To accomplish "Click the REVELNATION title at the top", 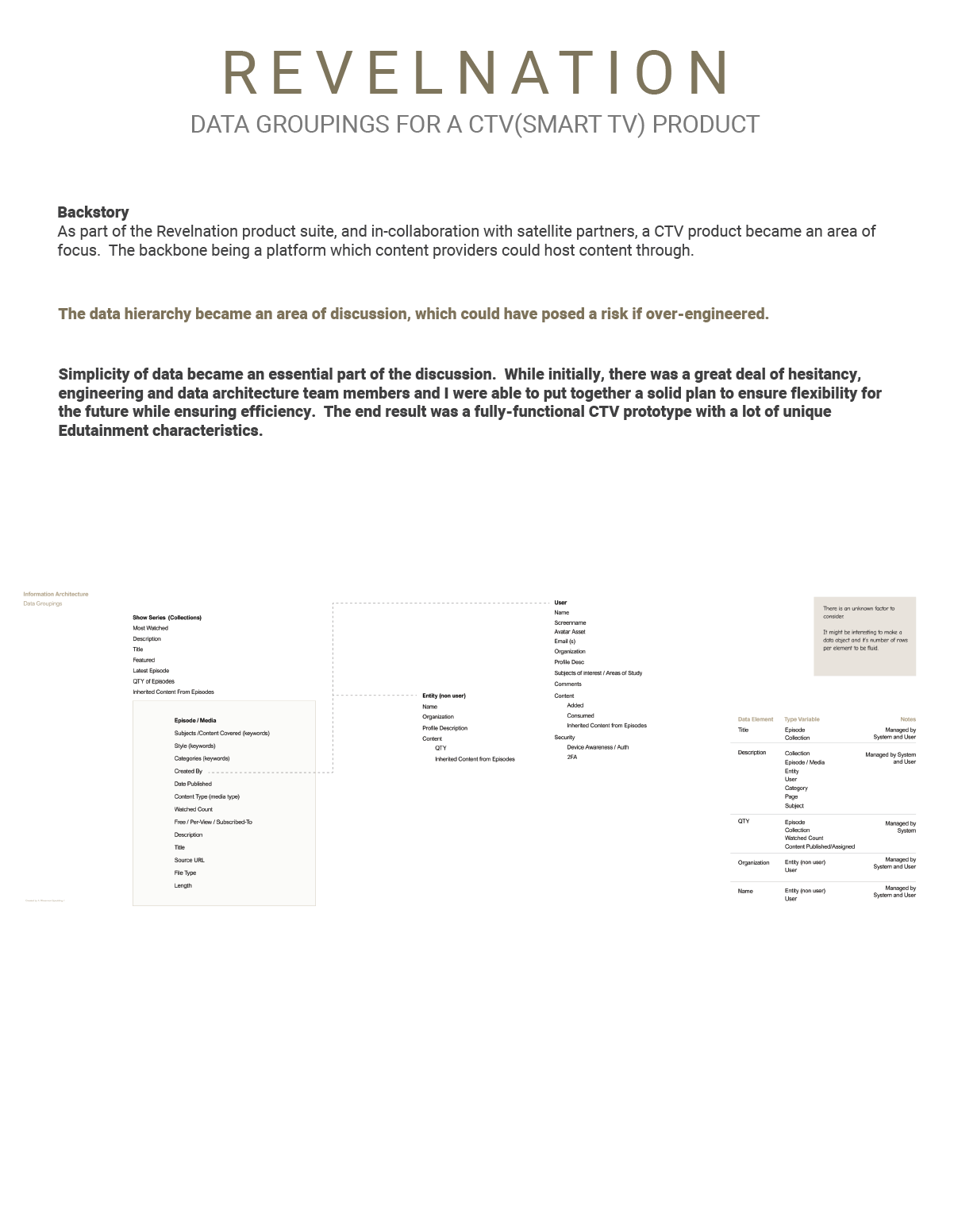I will (476, 73).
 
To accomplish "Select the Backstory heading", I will (93, 212).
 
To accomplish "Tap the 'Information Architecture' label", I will (56, 594).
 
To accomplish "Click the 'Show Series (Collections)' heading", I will (167, 618).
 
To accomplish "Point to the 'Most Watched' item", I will (150, 628).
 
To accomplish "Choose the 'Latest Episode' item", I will (151, 671).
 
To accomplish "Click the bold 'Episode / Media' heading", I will (195, 721).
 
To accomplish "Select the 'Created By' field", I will (188, 772).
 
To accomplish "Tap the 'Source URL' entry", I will (189, 861).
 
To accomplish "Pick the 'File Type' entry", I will (185, 873).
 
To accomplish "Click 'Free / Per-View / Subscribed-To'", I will (213, 823).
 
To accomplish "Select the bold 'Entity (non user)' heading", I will (444, 696).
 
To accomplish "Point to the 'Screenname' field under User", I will (570, 622).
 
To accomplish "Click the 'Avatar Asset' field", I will (570, 632).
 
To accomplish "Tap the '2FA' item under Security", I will (571, 757).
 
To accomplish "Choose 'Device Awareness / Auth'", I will (598, 747).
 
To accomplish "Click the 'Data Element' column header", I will (755, 719).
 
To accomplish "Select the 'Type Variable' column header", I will (802, 719).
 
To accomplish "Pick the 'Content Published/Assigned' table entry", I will (820, 847).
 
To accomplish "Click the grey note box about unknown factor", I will (864, 636).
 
